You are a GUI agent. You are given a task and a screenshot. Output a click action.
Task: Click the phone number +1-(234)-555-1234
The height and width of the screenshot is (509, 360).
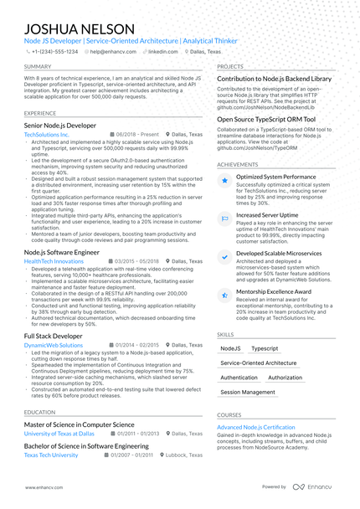coord(55,51)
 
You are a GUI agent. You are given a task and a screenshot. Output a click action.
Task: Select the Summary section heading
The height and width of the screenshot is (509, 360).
coord(38,66)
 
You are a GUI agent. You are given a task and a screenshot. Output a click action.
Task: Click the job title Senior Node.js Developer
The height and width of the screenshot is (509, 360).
coord(60,124)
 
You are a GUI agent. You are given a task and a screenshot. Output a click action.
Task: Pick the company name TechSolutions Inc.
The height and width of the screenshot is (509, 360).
coord(47,134)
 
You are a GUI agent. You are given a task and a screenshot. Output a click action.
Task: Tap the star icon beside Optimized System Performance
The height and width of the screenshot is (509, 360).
coord(224,178)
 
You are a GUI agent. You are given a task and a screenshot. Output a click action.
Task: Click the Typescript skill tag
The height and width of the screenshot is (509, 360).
coord(265,347)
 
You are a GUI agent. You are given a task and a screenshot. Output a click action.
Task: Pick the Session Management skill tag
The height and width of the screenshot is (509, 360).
coord(247,392)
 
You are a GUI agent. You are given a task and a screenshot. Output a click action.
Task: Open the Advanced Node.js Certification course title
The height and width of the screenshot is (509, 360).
coord(256,427)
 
